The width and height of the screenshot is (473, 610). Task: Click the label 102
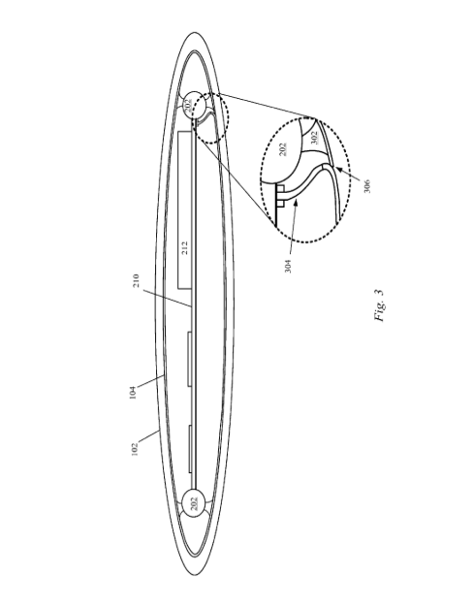pyautogui.click(x=135, y=449)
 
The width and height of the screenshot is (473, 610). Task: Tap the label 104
pyautogui.click(x=133, y=393)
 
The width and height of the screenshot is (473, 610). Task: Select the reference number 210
pyautogui.click(x=136, y=280)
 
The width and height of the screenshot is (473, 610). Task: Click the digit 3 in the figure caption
pyautogui.click(x=379, y=292)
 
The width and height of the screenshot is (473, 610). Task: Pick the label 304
pyautogui.click(x=288, y=266)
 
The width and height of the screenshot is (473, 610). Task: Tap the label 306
pyautogui.click(x=366, y=186)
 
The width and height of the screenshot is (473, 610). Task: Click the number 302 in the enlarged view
pyautogui.click(x=314, y=137)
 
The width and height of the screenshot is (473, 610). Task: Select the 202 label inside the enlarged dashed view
pyautogui.click(x=283, y=149)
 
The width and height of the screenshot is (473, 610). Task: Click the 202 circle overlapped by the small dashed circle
pyautogui.click(x=193, y=105)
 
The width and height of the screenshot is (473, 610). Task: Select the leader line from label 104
pyautogui.click(x=150, y=381)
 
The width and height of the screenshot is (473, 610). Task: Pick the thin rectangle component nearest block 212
pyautogui.click(x=189, y=359)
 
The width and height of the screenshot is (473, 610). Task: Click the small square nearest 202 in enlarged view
pyautogui.click(x=280, y=189)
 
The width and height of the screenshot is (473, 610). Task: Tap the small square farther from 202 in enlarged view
pyautogui.click(x=280, y=204)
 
